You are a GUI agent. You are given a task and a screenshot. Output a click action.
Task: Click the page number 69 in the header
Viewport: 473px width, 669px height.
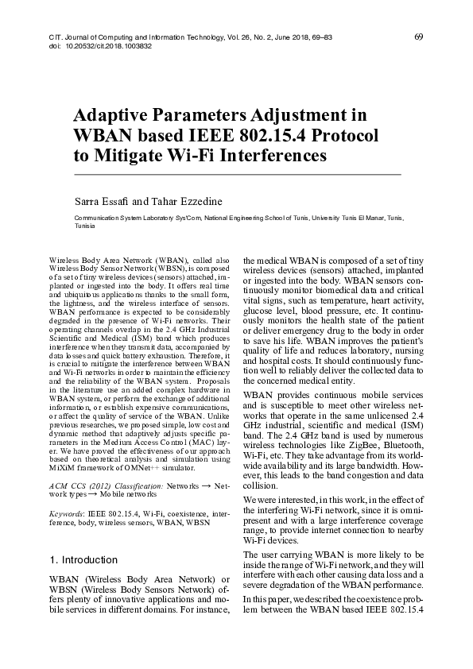pos(418,37)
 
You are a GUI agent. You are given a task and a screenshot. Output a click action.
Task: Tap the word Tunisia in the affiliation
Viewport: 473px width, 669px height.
pos(84,226)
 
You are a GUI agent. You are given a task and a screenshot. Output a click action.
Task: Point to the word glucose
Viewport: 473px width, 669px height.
pos(262,313)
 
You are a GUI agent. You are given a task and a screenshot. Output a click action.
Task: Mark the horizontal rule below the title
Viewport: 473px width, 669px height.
pos(237,174)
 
